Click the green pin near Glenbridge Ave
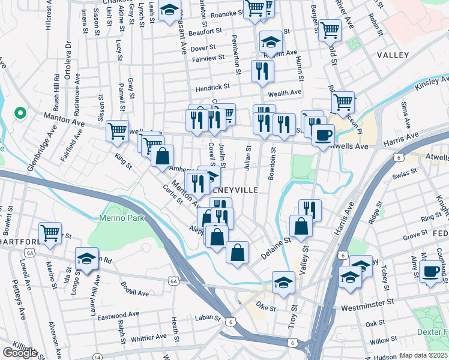(19, 112)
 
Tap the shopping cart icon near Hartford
(50, 233)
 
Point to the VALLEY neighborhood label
(393, 55)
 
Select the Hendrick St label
(212, 86)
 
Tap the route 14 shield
(97, 356)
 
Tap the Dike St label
(265, 308)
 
